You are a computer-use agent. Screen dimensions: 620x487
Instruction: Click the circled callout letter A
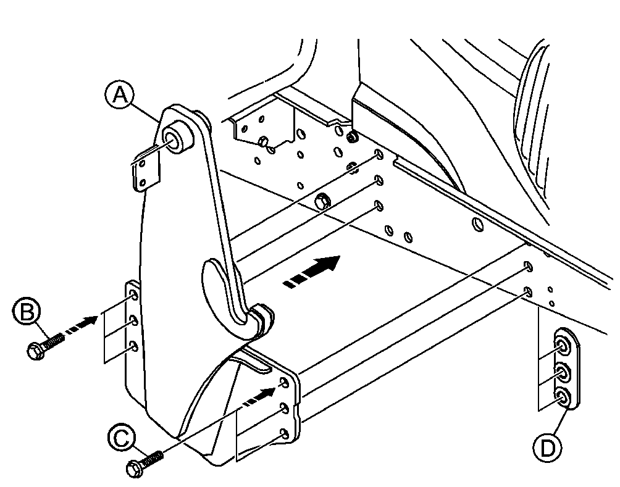(120, 95)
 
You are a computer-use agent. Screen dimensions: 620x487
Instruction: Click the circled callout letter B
(27, 312)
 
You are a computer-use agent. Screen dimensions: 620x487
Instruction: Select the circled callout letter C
(122, 438)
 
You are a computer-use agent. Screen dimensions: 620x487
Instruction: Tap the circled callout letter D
(548, 449)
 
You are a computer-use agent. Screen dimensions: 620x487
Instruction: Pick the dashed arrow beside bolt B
(81, 324)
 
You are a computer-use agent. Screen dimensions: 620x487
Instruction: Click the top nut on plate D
(561, 346)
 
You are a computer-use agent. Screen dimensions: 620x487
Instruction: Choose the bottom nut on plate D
(562, 397)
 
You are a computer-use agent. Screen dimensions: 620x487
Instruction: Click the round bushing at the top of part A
(176, 139)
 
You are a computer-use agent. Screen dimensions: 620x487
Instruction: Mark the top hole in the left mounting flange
(133, 295)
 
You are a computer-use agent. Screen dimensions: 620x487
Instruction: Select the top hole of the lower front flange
(284, 382)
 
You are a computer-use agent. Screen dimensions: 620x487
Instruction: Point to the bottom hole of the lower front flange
(284, 434)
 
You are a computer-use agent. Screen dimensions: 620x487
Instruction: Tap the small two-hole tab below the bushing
(146, 172)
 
